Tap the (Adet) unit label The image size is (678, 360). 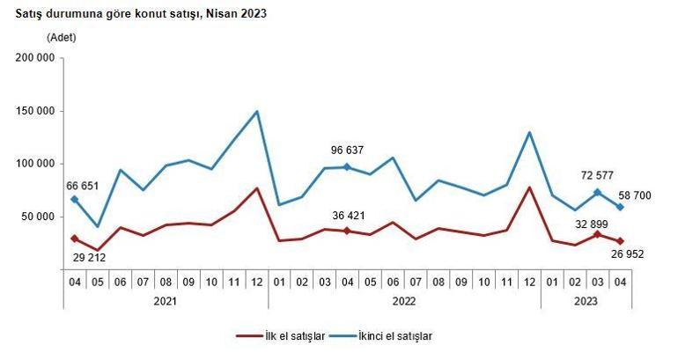click(x=62, y=37)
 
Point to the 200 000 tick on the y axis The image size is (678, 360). click(x=36, y=58)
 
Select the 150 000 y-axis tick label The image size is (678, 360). click(x=36, y=111)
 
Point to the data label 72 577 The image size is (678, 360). click(x=598, y=174)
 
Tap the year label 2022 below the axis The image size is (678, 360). click(x=403, y=301)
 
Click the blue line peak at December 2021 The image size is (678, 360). click(x=256, y=112)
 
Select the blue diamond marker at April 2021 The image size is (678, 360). click(x=74, y=200)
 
